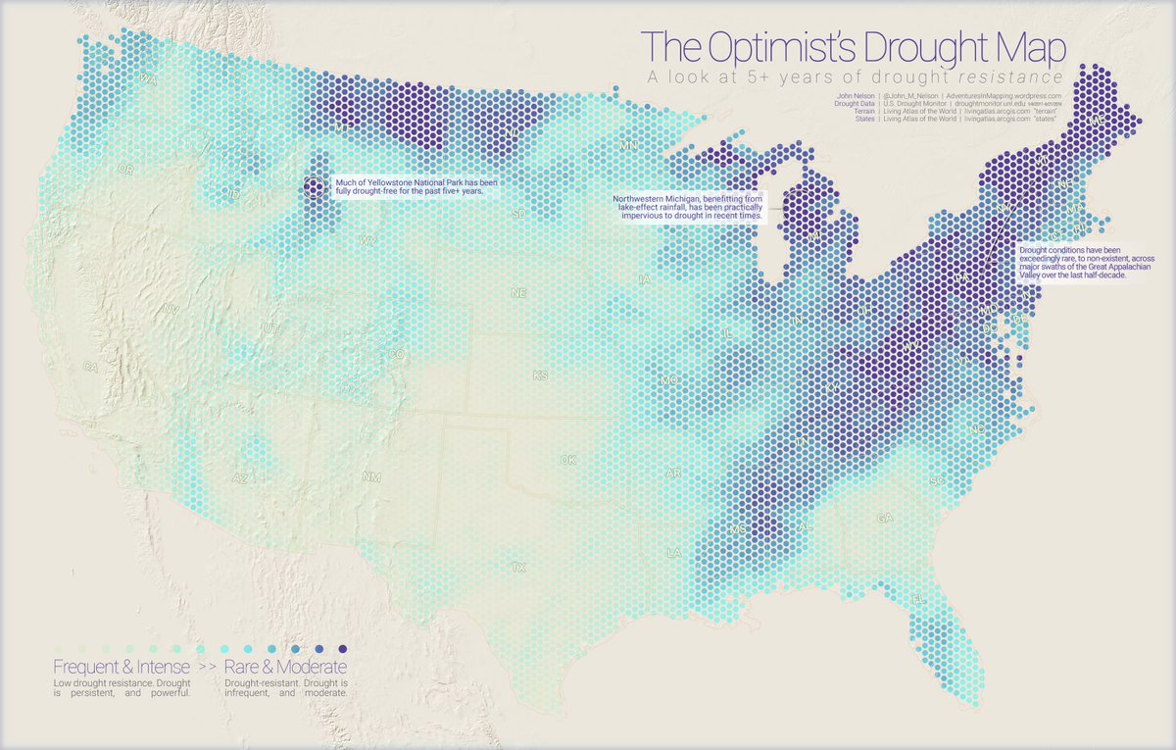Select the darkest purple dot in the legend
click(x=342, y=650)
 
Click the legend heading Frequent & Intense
click(x=116, y=668)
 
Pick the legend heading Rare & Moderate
click(x=286, y=668)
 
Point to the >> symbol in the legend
click(x=207, y=668)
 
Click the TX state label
click(x=518, y=567)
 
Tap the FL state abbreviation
click(x=918, y=598)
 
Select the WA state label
click(x=148, y=78)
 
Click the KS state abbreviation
click(x=540, y=375)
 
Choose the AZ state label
click(x=240, y=479)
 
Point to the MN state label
click(x=627, y=146)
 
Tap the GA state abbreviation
click(x=886, y=517)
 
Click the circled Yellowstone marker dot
click(x=315, y=186)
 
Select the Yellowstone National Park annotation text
click(x=411, y=186)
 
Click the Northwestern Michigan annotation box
click(x=686, y=209)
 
